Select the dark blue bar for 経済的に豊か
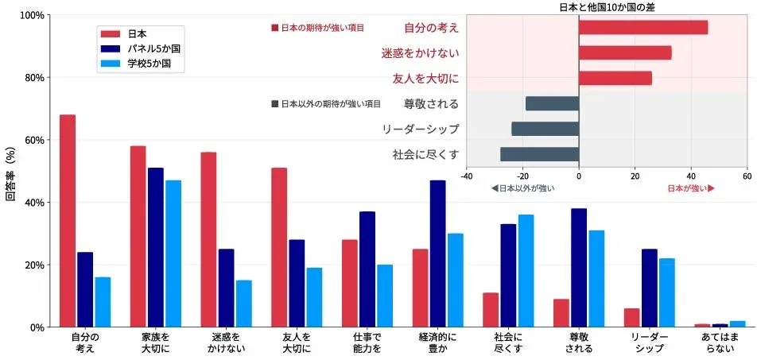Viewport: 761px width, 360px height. point(437,254)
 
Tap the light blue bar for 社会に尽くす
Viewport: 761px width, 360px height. point(526,270)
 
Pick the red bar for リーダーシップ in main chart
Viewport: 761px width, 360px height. point(631,317)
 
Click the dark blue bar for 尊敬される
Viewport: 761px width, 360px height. point(578,267)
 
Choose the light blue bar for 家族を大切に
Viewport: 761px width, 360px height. point(173,254)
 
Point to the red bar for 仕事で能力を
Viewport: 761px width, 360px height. point(350,283)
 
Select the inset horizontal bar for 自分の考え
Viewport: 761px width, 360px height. point(643,28)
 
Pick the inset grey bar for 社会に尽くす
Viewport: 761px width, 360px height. point(539,154)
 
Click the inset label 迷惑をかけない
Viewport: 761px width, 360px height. point(420,53)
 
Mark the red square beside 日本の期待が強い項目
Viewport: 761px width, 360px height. point(275,28)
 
